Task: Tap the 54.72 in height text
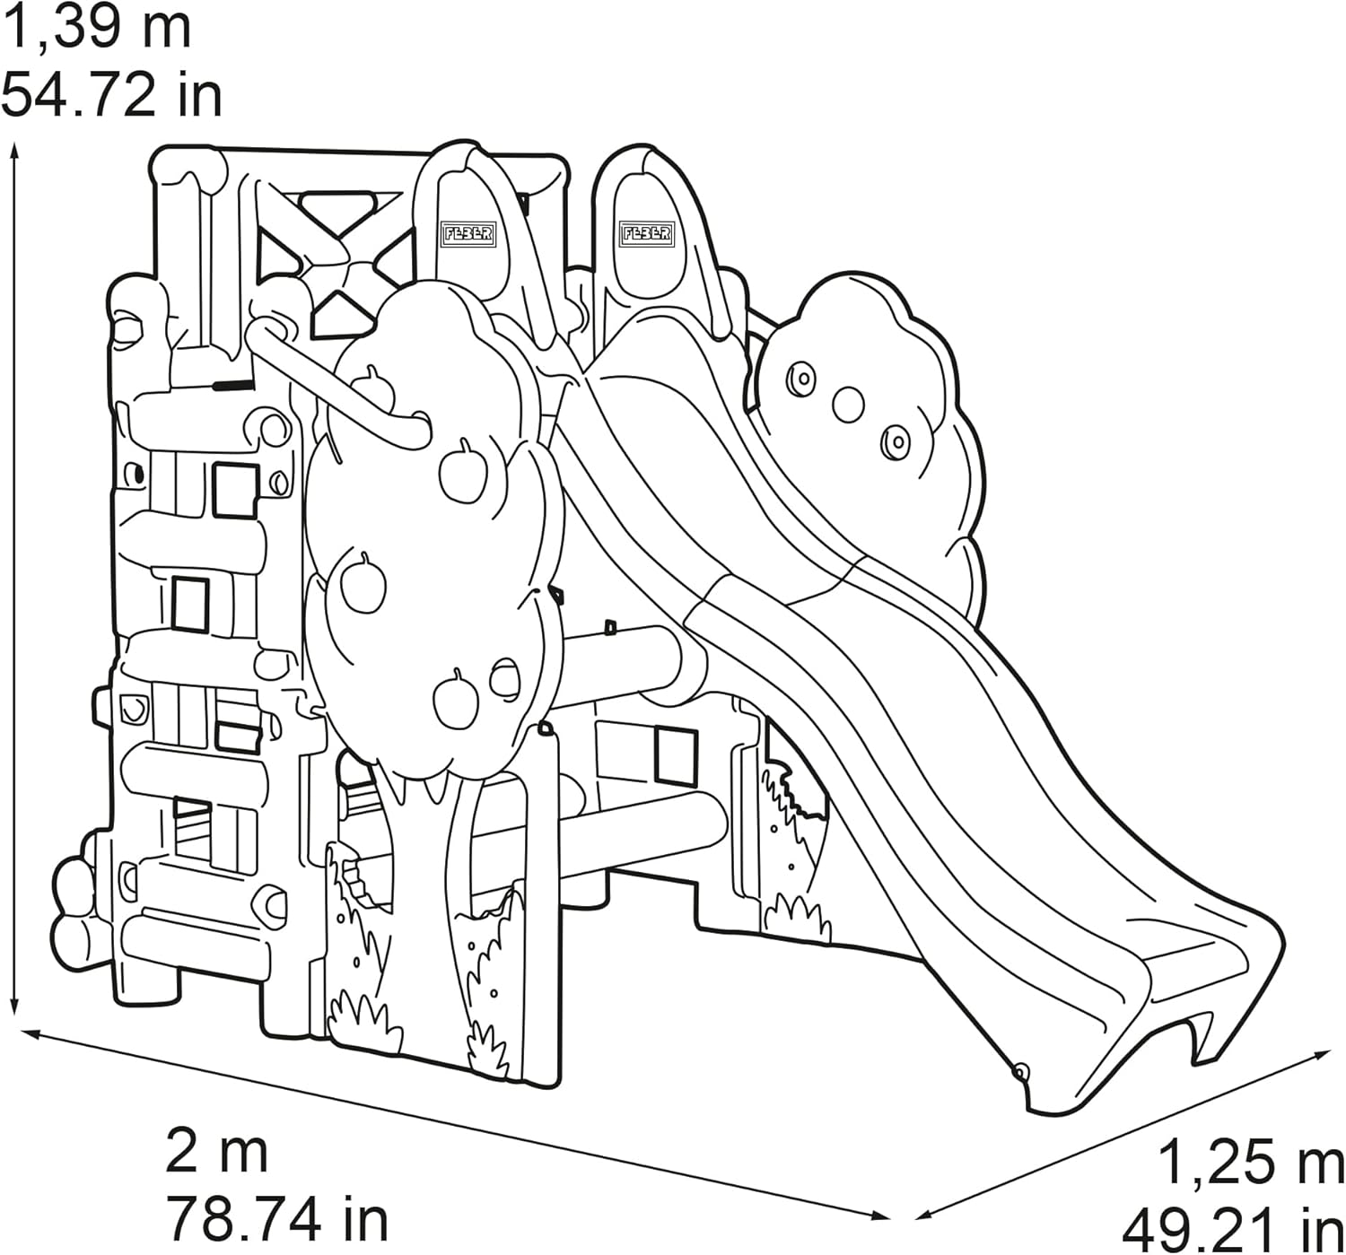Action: click(112, 96)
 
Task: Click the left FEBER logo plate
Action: click(468, 234)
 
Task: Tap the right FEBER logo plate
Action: click(646, 234)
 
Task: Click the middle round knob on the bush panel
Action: click(848, 405)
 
